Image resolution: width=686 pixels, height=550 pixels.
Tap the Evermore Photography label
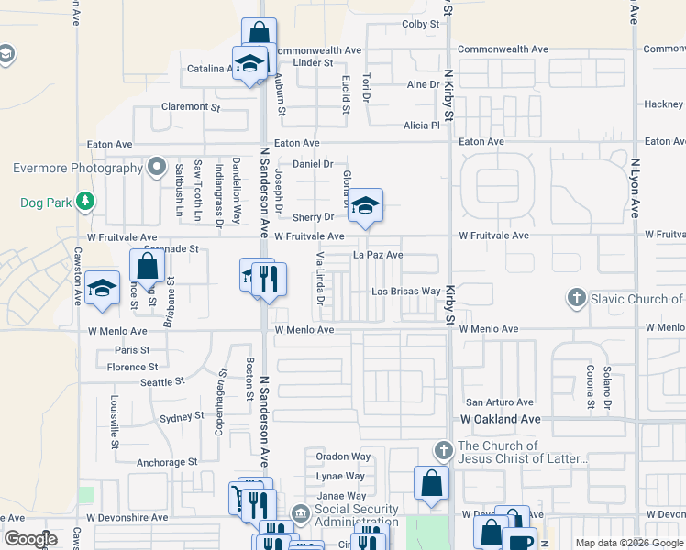[x=77, y=168]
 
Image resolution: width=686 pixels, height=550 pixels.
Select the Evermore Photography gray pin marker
[x=157, y=168]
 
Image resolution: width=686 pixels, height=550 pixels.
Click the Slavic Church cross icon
[x=576, y=298]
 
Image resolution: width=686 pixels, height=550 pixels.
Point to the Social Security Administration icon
[x=300, y=512]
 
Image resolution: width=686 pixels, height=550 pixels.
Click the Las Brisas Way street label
[x=405, y=291]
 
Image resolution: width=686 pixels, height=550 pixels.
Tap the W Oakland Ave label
[x=500, y=419]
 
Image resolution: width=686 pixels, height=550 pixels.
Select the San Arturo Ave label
[x=500, y=402]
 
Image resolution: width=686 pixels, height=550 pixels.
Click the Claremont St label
[x=191, y=106]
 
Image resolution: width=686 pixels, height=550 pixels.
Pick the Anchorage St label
[x=166, y=463]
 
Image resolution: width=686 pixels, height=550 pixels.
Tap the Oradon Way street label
[x=343, y=456]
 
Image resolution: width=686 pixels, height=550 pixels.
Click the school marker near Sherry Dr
[x=364, y=206]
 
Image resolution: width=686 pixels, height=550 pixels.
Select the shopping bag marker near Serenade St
[x=147, y=267]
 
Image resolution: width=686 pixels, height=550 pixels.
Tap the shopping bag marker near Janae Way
[x=431, y=483]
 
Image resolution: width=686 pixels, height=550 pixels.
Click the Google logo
[x=30, y=539]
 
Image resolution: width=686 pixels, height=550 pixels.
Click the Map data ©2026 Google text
[x=627, y=543]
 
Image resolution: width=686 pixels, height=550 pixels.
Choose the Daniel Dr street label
[x=312, y=164]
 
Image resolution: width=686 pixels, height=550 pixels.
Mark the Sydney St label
[x=182, y=416]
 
